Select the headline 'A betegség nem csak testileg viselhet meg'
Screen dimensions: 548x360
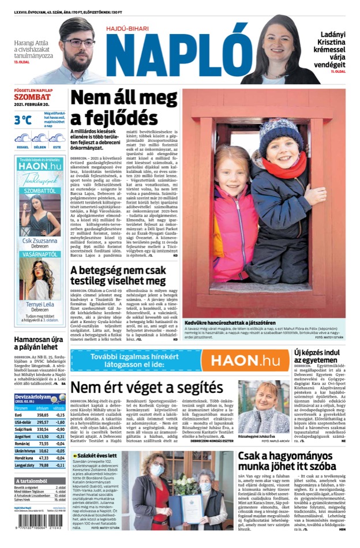[x=118, y=274]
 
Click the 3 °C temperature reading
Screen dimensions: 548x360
[x=23, y=120]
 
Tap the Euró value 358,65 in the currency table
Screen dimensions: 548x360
[x=43, y=415]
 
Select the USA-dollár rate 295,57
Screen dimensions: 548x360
[x=43, y=422]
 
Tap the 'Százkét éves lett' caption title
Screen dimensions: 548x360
[x=95, y=456]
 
